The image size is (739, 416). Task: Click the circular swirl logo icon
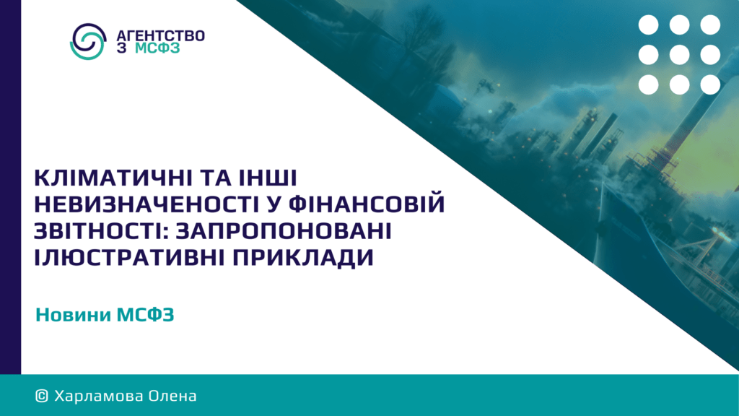[x=87, y=41]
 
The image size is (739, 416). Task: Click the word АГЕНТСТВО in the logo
[x=160, y=36]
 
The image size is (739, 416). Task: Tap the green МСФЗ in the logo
[x=157, y=48]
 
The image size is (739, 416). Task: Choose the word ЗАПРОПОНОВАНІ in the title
[x=283, y=230]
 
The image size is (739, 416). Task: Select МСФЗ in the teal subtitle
[x=146, y=315]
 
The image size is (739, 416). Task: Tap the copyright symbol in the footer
[x=42, y=396]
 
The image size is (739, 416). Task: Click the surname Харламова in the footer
[x=98, y=396]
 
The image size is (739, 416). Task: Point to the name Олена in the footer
[x=172, y=396]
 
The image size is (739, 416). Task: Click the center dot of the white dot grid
[x=679, y=55]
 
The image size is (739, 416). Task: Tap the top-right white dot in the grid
[x=710, y=25]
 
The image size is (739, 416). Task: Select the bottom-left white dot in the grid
[x=649, y=85]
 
